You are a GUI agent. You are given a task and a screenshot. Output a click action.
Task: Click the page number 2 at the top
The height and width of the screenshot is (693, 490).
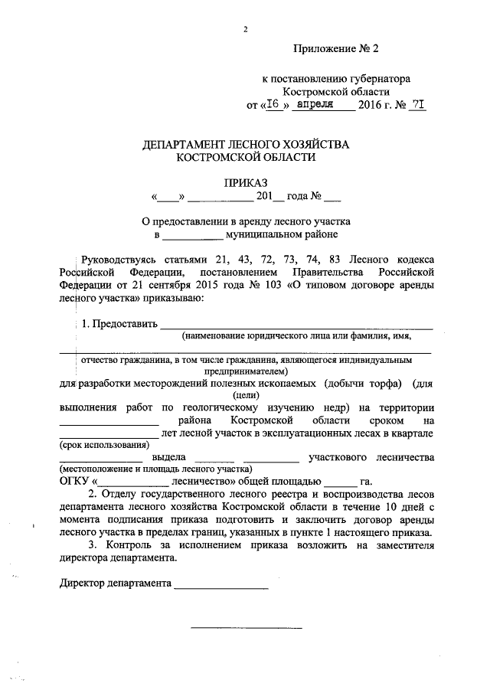(x=245, y=29)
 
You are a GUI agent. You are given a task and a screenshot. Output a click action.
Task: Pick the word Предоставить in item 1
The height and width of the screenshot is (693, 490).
(x=125, y=323)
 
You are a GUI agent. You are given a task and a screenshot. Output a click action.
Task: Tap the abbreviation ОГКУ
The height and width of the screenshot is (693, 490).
(x=73, y=481)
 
